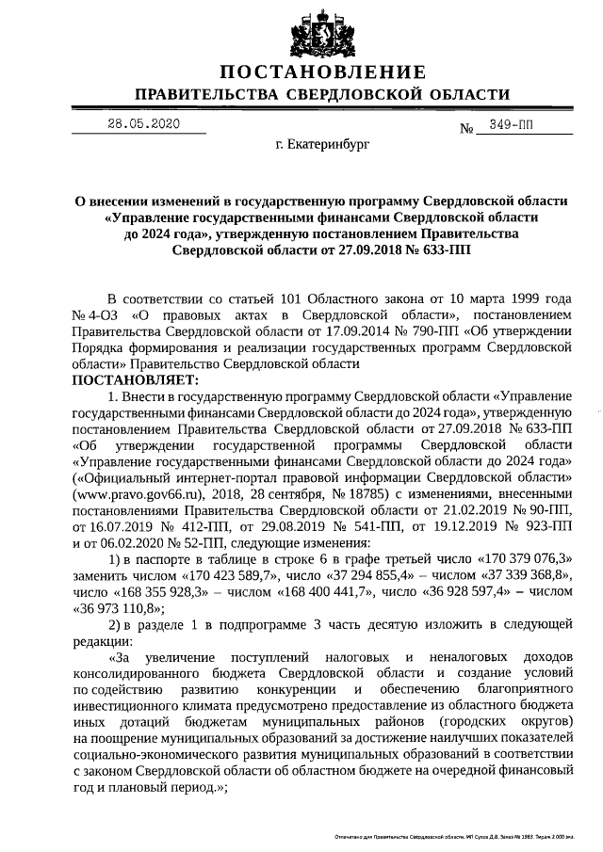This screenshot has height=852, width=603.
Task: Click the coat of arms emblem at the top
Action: (x=322, y=33)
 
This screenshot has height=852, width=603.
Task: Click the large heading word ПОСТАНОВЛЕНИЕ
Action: (x=322, y=73)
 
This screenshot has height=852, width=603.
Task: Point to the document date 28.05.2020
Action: (x=142, y=123)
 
